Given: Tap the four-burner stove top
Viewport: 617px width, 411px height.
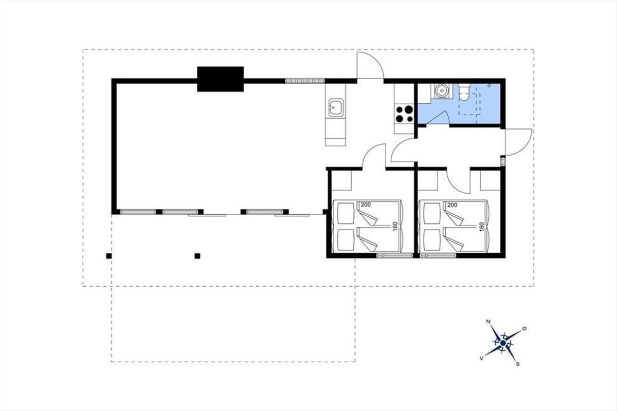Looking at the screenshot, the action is pos(404,114).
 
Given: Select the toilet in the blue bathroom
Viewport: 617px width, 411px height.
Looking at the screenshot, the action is pos(464,93).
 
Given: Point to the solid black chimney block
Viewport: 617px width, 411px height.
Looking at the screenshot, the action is pos(221,79).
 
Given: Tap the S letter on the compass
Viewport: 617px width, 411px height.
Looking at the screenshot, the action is pos(518,364).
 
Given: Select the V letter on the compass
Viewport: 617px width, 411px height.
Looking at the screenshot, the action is pos(481,359).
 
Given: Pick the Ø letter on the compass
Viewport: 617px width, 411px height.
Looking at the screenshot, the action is pos(524,329).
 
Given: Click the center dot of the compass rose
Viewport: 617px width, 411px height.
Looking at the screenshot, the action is pos(503,343).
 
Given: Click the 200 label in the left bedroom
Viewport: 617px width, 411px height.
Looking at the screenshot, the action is pos(366,205).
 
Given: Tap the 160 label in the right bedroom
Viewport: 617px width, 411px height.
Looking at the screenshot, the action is pos(481,227).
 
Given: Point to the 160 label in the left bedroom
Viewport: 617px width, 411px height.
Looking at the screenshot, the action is pos(395,227).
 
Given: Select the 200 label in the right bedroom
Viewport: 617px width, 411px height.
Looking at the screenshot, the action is pos(452,205).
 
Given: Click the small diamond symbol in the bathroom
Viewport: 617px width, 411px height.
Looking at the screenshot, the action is pos(489,86).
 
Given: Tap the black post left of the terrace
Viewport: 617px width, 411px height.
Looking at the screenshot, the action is pos(109,256).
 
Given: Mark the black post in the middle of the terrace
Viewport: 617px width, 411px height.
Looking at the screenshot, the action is pos(197,256).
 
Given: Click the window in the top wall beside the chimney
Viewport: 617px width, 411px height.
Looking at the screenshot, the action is pos(305,81).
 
